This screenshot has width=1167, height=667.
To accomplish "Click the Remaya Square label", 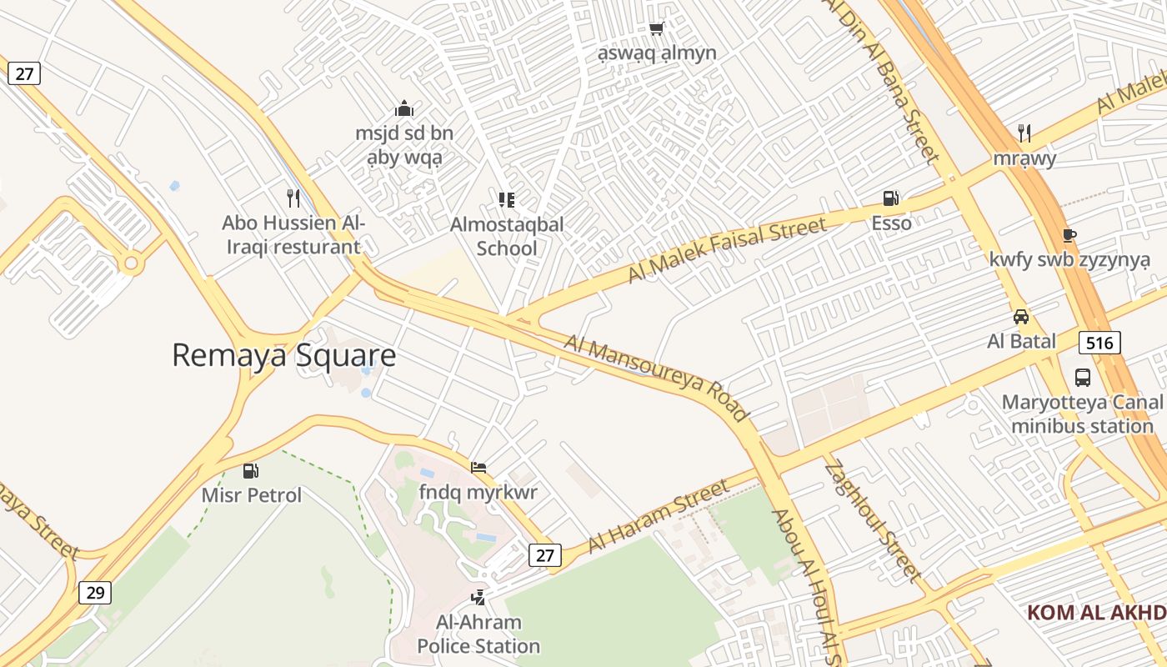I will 283,355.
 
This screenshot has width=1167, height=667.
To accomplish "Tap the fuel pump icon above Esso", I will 891,198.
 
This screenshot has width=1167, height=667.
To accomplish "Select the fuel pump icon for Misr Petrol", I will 251,471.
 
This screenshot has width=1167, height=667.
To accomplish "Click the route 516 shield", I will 1099,342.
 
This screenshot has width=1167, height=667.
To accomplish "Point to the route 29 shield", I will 95,593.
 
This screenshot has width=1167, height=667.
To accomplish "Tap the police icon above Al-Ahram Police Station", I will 478,597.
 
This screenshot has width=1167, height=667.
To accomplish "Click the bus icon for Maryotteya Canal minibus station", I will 1082,378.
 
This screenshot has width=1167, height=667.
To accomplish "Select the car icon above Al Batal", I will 1021,317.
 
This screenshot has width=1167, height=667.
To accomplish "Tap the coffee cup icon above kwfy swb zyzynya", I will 1069,235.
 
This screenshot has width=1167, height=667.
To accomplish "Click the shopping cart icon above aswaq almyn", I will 656,29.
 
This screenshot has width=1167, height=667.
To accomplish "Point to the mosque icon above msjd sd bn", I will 404,108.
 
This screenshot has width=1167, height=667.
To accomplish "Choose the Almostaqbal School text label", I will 507,236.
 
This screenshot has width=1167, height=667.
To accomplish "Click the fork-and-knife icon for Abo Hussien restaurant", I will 293,198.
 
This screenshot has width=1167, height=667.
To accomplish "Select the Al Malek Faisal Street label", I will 726,248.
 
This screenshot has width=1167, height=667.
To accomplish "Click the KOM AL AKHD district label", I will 1095,613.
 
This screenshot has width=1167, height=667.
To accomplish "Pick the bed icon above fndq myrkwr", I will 478,467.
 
